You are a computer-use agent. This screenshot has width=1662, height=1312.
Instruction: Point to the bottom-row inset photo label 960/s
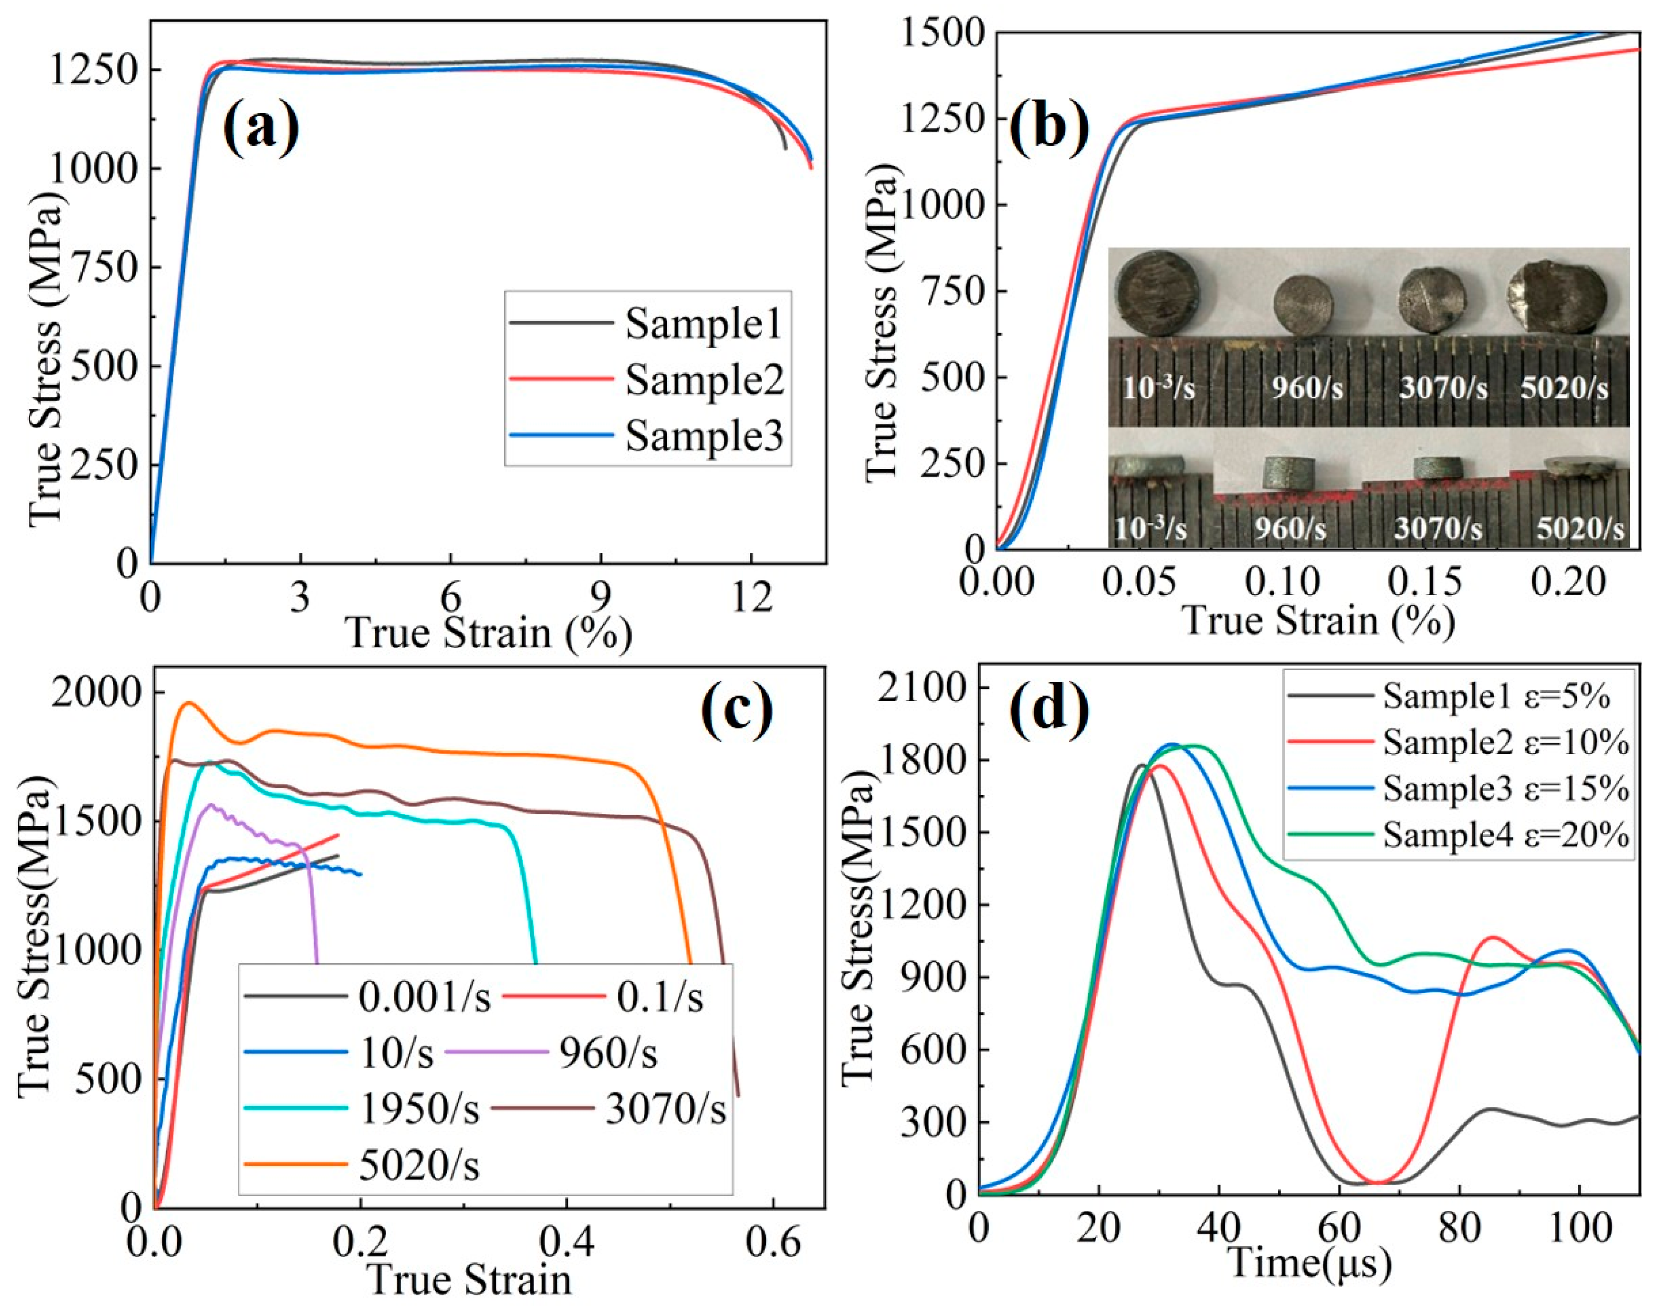pyautogui.click(x=1290, y=528)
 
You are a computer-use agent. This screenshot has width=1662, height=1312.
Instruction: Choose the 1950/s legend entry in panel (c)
pyautogui.click(x=419, y=1109)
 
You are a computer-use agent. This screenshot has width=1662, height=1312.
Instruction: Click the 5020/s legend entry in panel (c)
pyautogui.click(x=419, y=1166)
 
